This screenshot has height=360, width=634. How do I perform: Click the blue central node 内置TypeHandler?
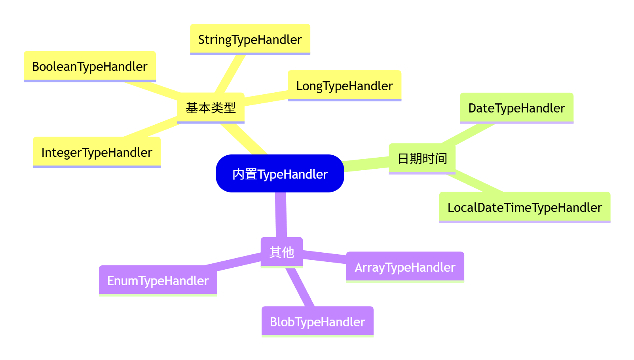click(x=280, y=173)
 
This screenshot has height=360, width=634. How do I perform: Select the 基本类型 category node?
click(x=211, y=107)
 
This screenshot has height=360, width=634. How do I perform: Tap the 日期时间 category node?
click(x=422, y=158)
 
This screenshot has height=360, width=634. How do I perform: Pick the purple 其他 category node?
click(x=282, y=252)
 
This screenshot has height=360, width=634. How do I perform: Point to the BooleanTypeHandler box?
click(x=89, y=66)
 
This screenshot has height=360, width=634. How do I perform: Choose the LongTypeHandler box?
click(x=344, y=86)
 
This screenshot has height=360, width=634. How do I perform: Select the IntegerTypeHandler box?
click(x=97, y=152)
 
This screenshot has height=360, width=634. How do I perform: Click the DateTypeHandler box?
click(x=516, y=108)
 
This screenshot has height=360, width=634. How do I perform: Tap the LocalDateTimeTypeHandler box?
click(x=524, y=207)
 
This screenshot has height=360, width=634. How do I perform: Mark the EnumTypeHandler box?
click(x=158, y=280)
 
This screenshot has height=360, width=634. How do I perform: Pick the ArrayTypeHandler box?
click(x=405, y=267)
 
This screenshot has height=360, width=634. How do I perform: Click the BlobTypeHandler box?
click(x=317, y=322)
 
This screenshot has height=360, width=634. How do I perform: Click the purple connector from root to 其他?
click(x=281, y=215)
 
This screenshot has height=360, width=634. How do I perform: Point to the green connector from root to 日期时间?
click(x=366, y=164)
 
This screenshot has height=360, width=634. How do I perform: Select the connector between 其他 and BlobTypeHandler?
click(x=300, y=287)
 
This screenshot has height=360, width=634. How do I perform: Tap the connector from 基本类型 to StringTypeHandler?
click(x=230, y=74)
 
